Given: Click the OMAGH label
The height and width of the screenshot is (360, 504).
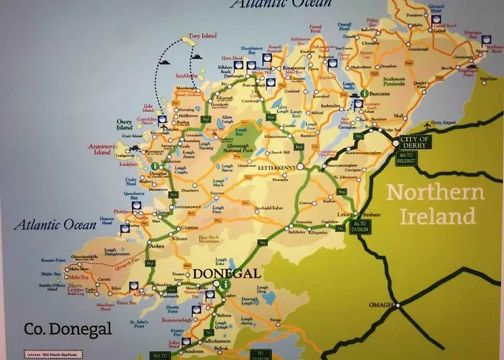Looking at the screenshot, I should (x=379, y=305).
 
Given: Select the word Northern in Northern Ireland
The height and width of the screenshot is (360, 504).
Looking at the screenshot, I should (x=435, y=192).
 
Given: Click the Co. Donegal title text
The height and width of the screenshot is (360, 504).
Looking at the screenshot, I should (x=68, y=329).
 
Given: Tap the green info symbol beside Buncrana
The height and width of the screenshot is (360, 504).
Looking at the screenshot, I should (x=364, y=94).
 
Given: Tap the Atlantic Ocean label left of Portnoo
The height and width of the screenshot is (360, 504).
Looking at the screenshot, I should (x=49, y=224).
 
